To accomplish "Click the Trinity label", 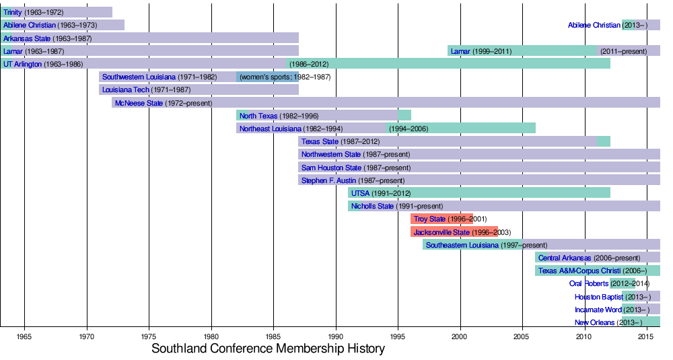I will point(12,12).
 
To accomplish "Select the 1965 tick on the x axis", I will point(24,336).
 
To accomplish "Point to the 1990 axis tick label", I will point(336,336).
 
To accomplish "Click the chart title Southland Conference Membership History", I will point(268,349).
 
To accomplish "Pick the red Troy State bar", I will point(441,219).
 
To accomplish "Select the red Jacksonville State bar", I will point(454,231).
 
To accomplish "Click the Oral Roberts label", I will point(588,283).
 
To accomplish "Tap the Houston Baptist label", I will point(598,297).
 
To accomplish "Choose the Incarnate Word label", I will point(598,310).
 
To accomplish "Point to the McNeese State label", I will point(139,103).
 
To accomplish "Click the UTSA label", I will point(360,193).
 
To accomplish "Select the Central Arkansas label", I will point(565,258).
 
